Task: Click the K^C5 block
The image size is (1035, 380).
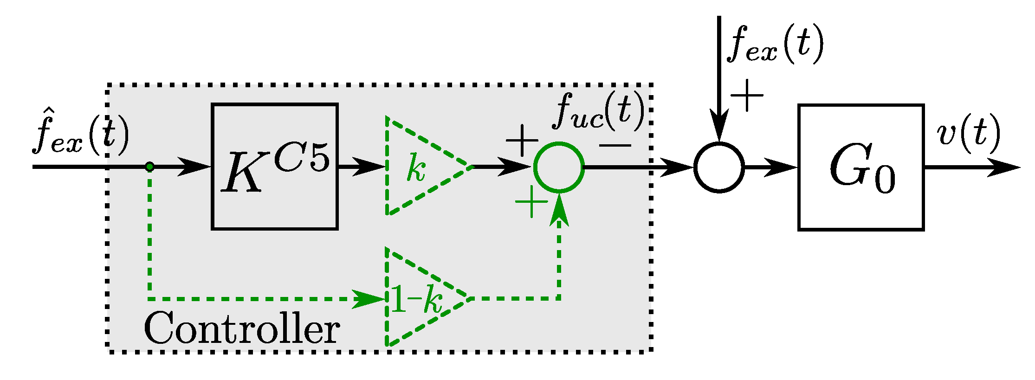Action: pyautogui.click(x=275, y=167)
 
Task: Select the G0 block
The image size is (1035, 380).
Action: pyautogui.click(x=861, y=167)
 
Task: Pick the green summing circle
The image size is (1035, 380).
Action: pyautogui.click(x=559, y=167)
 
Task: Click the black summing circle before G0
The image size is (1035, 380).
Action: pyautogui.click(x=719, y=167)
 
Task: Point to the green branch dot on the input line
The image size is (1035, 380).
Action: pyautogui.click(x=149, y=167)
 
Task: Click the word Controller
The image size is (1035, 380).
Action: pyautogui.click(x=242, y=328)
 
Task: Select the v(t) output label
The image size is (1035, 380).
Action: pyautogui.click(x=968, y=135)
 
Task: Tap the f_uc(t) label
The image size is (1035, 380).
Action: pyautogui.click(x=599, y=111)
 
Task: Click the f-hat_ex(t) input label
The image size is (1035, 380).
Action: pyautogui.click(x=80, y=132)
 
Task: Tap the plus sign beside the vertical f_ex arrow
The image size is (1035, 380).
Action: pyautogui.click(x=747, y=95)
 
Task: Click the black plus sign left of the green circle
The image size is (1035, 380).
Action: pyautogui.click(x=522, y=140)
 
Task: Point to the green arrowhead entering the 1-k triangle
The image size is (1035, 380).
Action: pyautogui.click(x=369, y=299)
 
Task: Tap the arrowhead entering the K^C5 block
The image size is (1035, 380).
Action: pyautogui.click(x=194, y=167)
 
